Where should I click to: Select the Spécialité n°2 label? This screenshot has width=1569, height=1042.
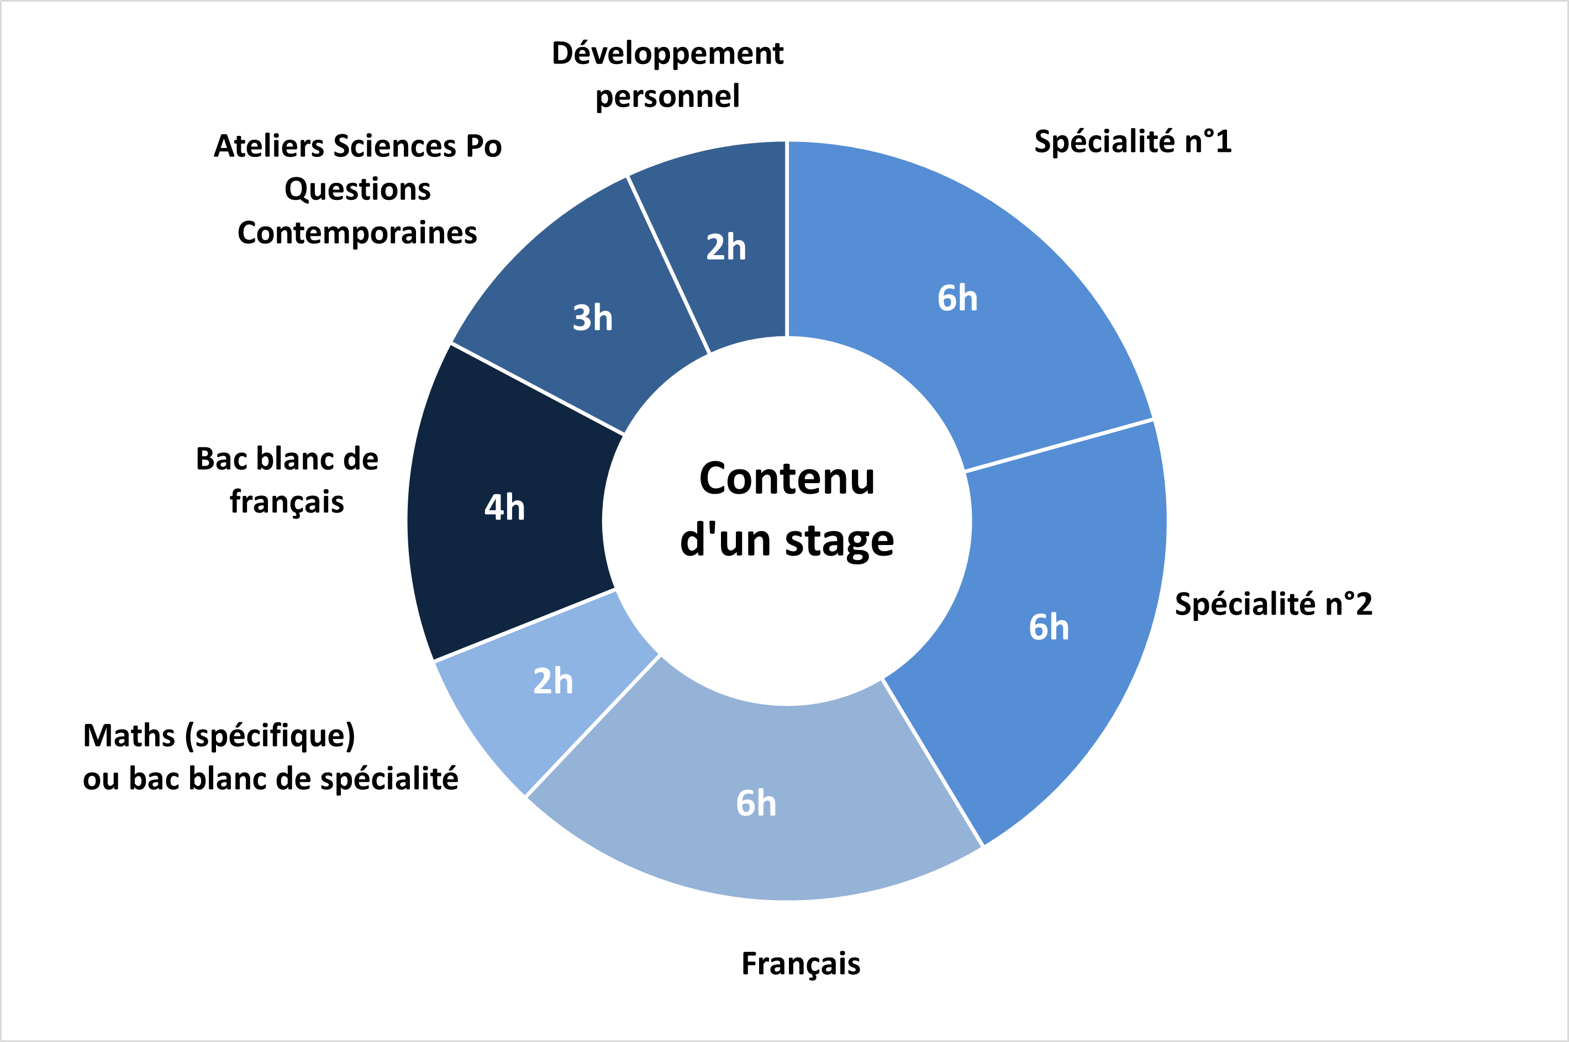tap(1273, 604)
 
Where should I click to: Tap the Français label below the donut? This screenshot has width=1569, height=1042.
tap(801, 964)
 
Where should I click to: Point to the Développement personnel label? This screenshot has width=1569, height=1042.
tap(667, 75)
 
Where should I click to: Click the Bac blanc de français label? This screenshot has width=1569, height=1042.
tap(287, 480)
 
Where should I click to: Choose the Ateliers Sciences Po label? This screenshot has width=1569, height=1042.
tap(357, 146)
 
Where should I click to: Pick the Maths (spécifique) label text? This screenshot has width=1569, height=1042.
tap(219, 736)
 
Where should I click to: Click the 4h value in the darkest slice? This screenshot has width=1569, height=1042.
tap(504, 507)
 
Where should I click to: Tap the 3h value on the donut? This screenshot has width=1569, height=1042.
tap(592, 318)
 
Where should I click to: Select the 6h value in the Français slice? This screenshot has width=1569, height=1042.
tap(756, 803)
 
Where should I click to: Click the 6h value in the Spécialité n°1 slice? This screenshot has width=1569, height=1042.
tap(957, 298)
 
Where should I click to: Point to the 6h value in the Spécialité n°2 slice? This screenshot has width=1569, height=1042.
tap(1049, 627)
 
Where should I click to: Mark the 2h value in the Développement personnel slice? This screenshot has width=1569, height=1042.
tap(726, 247)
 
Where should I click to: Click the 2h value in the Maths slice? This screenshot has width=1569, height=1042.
tap(553, 681)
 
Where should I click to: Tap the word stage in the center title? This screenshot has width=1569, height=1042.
tap(840, 541)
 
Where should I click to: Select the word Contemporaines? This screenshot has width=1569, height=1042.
tap(357, 233)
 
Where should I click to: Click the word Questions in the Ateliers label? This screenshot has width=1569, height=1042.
tap(357, 190)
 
